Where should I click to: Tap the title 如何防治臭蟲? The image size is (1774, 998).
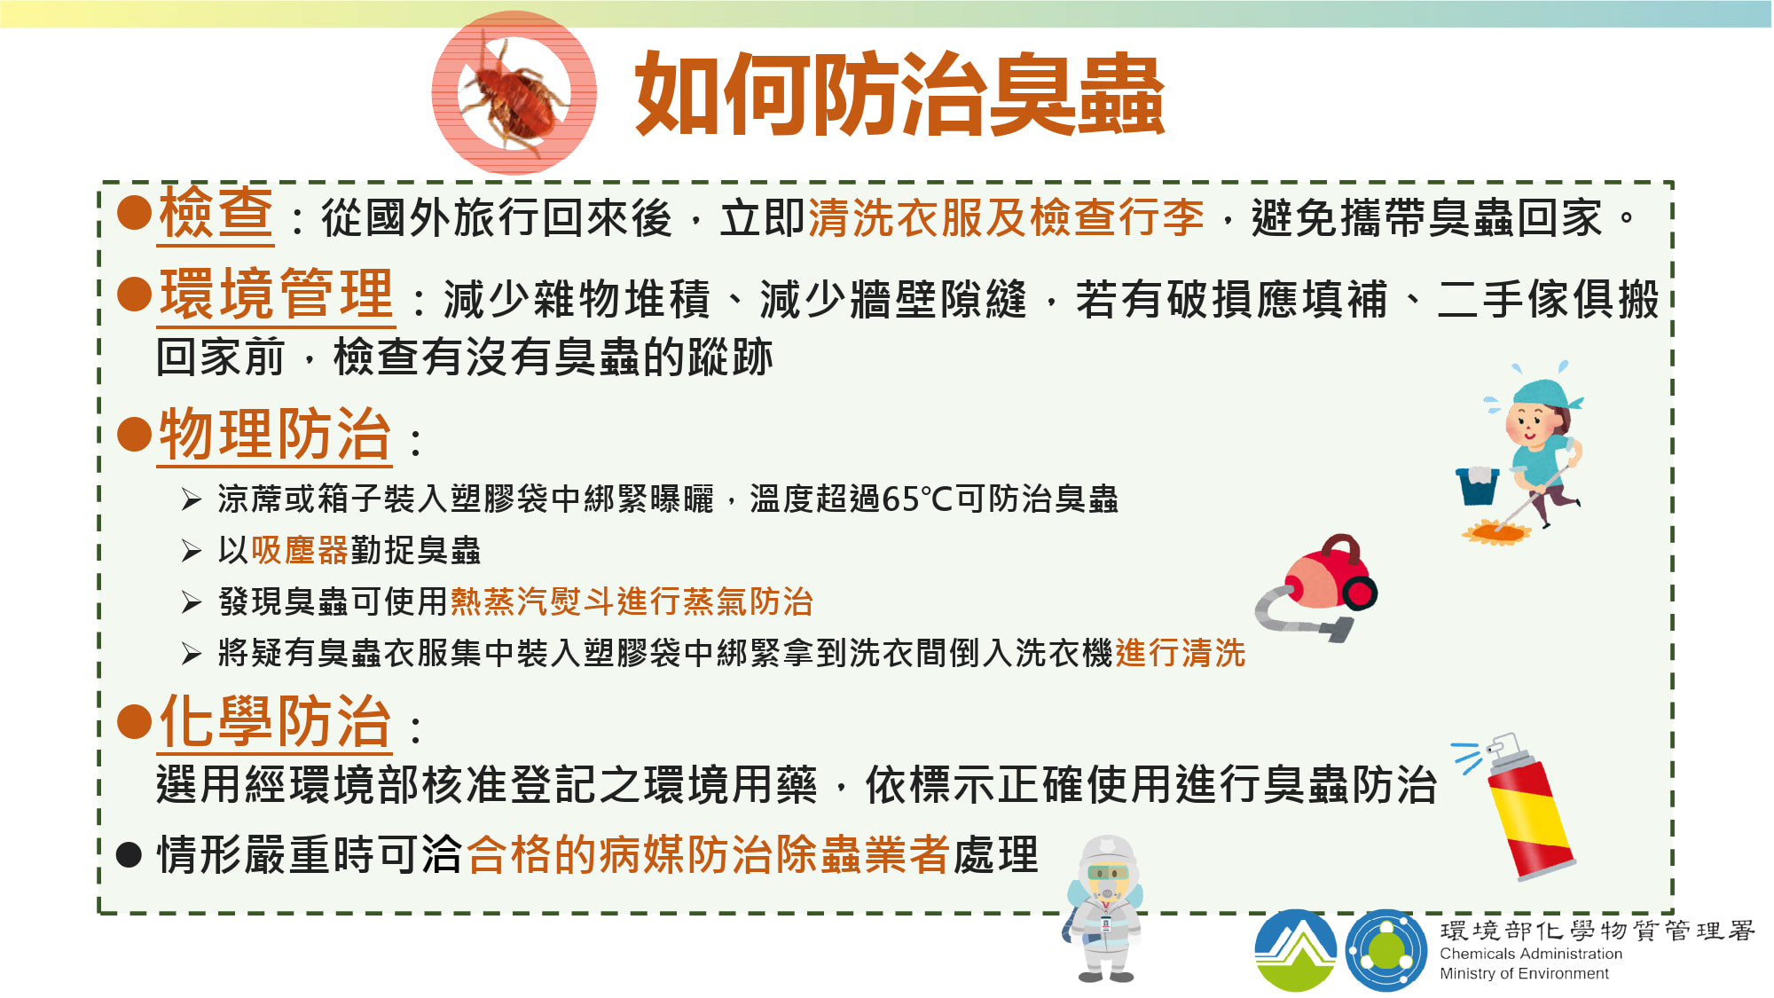tap(899, 94)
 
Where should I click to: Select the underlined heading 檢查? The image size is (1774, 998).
tap(216, 214)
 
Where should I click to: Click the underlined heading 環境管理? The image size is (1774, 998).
tap(276, 294)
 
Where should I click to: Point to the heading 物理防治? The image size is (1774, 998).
tap(275, 434)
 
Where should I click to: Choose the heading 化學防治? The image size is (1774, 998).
tap(275, 720)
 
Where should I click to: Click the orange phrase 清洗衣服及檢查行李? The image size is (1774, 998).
tap(1006, 217)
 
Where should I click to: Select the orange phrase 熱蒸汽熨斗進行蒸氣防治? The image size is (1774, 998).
tap(632, 601)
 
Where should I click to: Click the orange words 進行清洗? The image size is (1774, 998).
tap(1181, 653)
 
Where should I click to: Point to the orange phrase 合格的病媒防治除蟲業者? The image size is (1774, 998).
tap(708, 854)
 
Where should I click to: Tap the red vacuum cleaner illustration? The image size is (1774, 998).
tap(1316, 589)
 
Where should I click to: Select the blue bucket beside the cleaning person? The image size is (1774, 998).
tap(1478, 485)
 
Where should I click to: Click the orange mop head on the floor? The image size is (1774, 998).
tap(1496, 532)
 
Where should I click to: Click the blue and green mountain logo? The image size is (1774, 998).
tap(1296, 950)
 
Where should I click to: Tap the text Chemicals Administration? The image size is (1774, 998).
tap(1531, 954)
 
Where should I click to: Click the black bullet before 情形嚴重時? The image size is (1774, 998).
tap(130, 854)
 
